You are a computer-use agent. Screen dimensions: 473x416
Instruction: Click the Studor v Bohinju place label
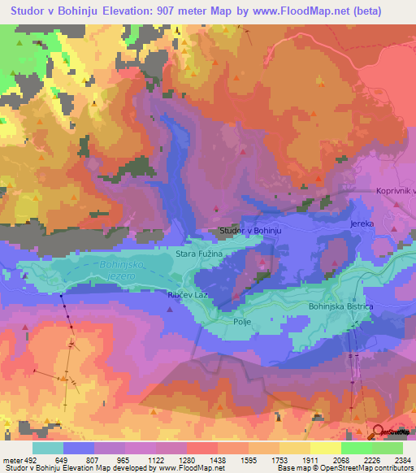pyautogui.click(x=250, y=232)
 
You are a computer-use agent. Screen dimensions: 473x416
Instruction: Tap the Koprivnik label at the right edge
pyautogui.click(x=396, y=190)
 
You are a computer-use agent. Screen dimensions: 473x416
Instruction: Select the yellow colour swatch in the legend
pyautogui.click(x=325, y=447)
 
